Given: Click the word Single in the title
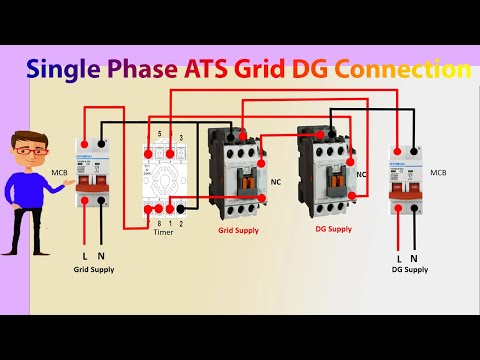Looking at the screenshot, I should pyautogui.click(x=57, y=70).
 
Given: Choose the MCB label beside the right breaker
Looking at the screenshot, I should pyautogui.click(x=438, y=173).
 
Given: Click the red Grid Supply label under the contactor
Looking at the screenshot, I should pyautogui.click(x=238, y=229).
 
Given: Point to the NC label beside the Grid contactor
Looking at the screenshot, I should pyautogui.click(x=276, y=183).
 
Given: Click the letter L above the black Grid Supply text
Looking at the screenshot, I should pyautogui.click(x=84, y=258).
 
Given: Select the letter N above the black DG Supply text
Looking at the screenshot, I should pyautogui.click(x=413, y=258).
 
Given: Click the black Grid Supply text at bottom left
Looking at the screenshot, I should pyautogui.click(x=93, y=271).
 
